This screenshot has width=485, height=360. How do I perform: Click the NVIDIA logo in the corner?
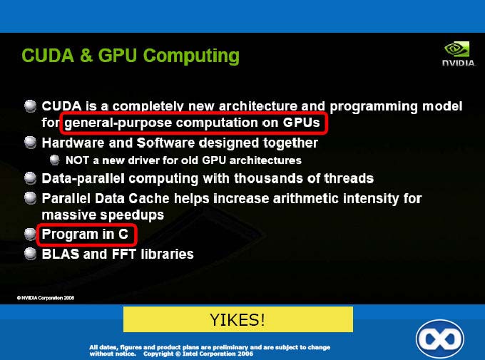click(459, 53)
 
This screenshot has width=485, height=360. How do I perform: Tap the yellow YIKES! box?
click(238, 319)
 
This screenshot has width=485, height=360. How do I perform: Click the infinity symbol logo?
click(440, 339)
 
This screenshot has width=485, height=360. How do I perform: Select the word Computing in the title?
click(191, 56)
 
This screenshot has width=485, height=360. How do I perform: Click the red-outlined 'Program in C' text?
click(85, 234)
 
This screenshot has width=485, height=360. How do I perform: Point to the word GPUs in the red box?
click(301, 123)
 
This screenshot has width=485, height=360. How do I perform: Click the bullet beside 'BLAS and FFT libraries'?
click(30, 254)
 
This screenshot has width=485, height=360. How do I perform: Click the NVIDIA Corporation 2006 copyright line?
click(46, 298)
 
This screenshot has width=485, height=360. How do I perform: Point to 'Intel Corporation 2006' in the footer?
click(218, 354)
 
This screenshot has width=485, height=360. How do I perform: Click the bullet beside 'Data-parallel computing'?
click(30, 178)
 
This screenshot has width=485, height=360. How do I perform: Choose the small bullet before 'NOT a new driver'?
click(54, 160)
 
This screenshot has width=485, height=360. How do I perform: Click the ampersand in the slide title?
click(86, 56)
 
